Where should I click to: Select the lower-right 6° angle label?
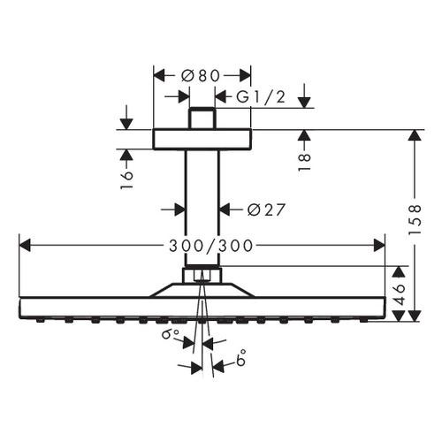pyautogui.click(x=240, y=361)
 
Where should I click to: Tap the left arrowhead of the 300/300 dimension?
pyautogui.click(x=22, y=242)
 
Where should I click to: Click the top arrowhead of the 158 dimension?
pyautogui.click(x=413, y=135)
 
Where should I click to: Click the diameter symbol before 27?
pyautogui.click(x=248, y=210)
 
